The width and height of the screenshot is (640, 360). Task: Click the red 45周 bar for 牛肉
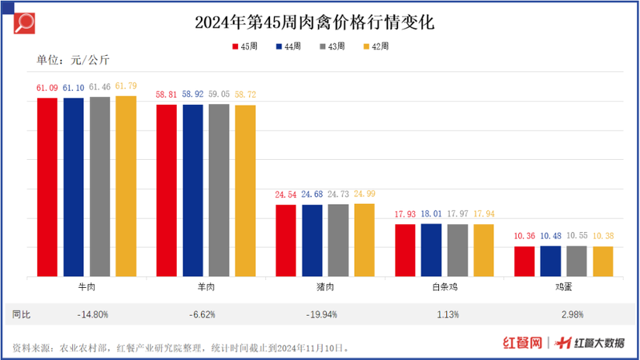[47, 186]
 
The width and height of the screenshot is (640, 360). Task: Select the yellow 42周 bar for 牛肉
[126, 185]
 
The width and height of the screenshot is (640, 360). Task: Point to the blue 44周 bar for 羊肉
[193, 190]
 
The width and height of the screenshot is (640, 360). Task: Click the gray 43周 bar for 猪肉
[338, 240]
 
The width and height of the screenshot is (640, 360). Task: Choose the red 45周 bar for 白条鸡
[405, 250]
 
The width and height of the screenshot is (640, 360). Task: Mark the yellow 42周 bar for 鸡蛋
[603, 261]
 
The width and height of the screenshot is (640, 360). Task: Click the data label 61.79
[126, 86]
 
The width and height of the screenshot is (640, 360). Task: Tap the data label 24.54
[285, 195]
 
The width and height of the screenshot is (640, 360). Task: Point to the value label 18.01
[431, 214]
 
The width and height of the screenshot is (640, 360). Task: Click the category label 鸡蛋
[563, 287]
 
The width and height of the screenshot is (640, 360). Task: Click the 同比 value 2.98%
[563, 314]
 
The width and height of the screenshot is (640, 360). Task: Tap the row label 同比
[22, 314]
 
